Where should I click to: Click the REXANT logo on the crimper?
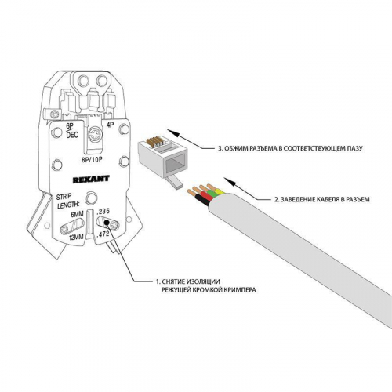(x=91, y=179)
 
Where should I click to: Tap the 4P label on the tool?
(x=111, y=125)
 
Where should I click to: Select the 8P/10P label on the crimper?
(x=92, y=160)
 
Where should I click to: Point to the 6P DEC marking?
(x=71, y=130)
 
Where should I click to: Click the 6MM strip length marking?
(x=78, y=215)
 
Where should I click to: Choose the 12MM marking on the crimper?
(x=76, y=237)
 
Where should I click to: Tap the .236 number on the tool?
(x=103, y=212)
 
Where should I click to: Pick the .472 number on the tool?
(x=103, y=234)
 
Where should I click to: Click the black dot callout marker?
(x=107, y=223)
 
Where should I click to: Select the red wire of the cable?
(x=207, y=198)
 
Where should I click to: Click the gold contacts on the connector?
(x=154, y=141)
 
